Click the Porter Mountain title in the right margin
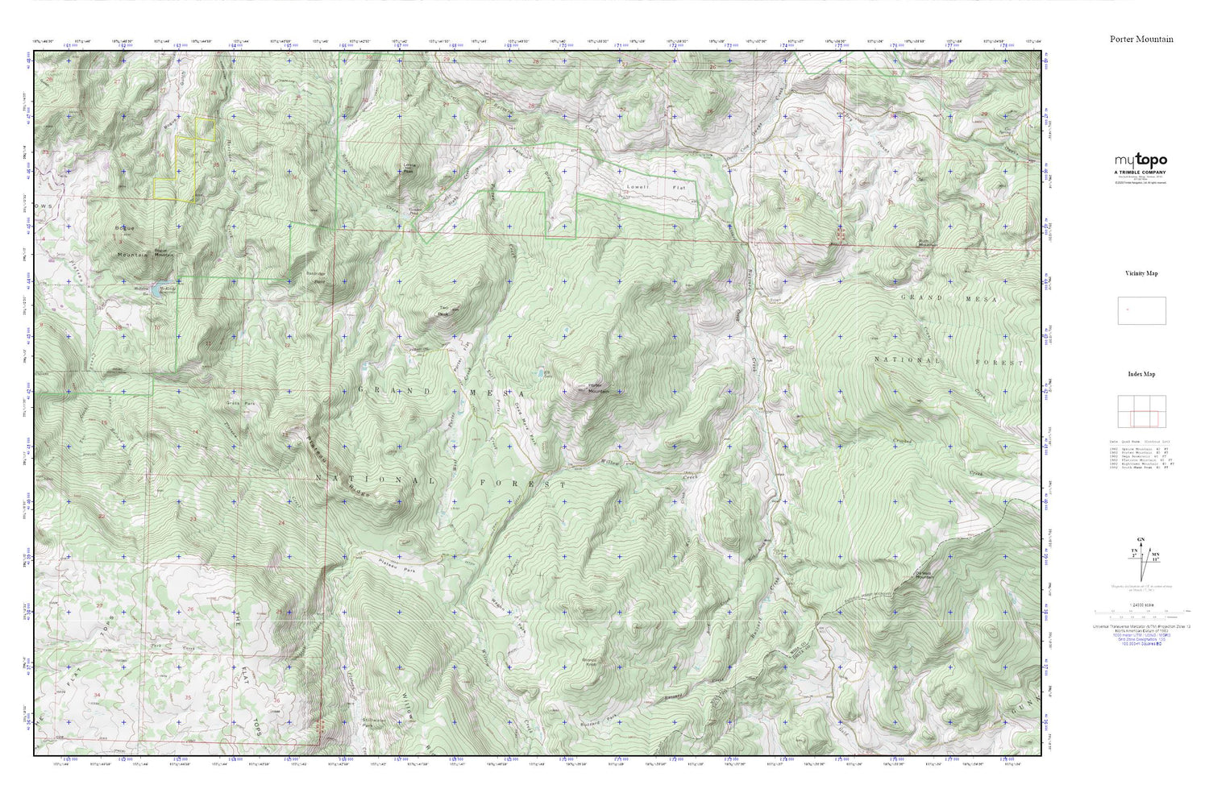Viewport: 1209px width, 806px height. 1141,39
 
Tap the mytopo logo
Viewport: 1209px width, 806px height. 1140,160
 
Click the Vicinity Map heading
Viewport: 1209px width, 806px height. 1141,273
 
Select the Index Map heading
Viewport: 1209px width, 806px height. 1141,374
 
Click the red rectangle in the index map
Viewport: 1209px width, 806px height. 1144,419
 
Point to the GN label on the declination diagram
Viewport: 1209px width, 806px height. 1140,538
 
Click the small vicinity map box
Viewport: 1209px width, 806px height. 1141,310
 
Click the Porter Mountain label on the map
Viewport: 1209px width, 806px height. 598,388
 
